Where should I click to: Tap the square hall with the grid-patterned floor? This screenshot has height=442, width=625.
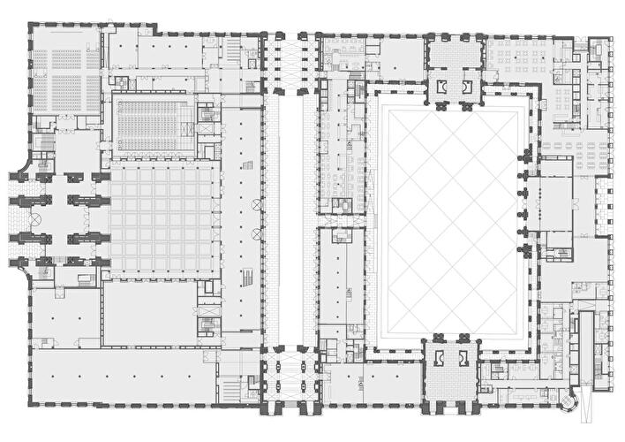pos(162,216)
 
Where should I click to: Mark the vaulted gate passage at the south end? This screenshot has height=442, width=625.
pos(290,376)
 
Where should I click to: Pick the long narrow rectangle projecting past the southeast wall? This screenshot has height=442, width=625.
pos(586,345)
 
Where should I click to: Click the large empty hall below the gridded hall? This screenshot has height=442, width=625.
pos(150,314)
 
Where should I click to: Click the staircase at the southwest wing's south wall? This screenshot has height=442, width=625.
pos(228,387)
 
